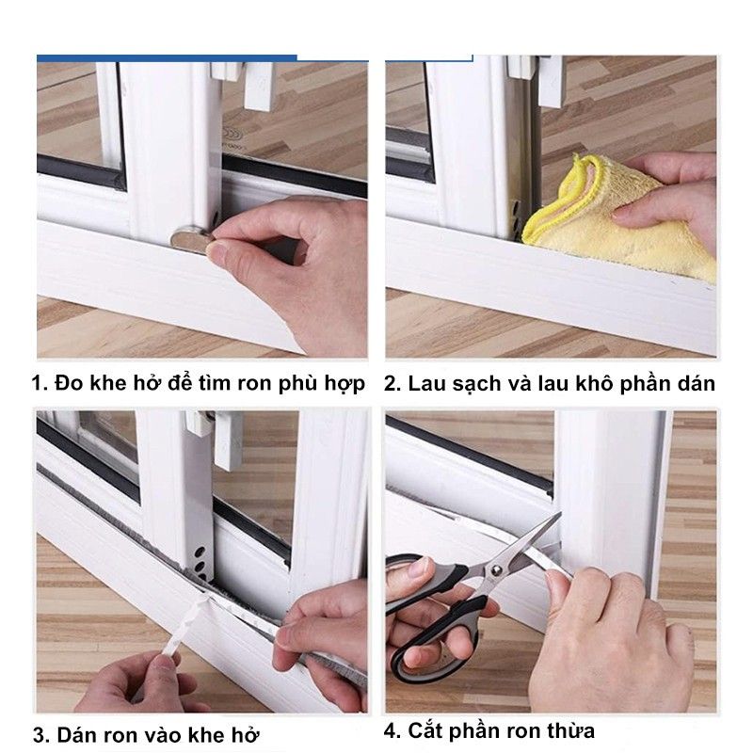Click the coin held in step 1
pyautogui.click(x=191, y=239)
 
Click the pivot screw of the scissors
pyautogui.click(x=496, y=571)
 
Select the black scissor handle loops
pyautogui.click(x=432, y=619)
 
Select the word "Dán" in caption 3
pyautogui.click(x=77, y=736)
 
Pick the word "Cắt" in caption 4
pyautogui.click(x=427, y=731)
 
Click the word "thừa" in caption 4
pyautogui.click(x=570, y=731)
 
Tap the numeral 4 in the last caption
pyautogui.click(x=391, y=731)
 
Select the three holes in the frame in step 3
pyautogui.click(x=200, y=562)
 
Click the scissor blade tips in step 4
pyautogui.click(x=558, y=517)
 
